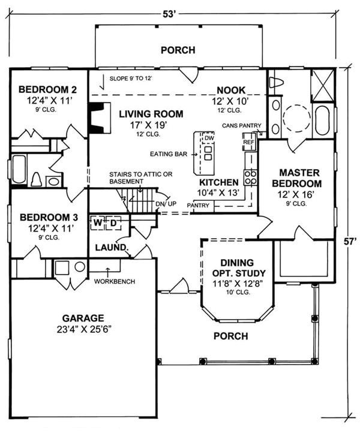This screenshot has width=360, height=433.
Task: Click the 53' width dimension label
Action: coord(169,14)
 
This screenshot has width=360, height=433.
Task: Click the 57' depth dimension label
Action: coord(350,241)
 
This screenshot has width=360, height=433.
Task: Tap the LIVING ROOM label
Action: coord(151,114)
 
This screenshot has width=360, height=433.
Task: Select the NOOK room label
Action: coord(231,90)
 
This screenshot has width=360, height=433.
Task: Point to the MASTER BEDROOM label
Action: coord(299,178)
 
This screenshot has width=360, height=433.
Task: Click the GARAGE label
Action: coord(83,318)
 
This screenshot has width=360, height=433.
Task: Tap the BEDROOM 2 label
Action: coord(47,89)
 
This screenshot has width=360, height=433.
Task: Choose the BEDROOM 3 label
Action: coord(49,217)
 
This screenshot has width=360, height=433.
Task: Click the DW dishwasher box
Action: coord(209,138)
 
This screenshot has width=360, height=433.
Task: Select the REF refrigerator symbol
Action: coord(248,142)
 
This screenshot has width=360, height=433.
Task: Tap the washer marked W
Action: coord(98,222)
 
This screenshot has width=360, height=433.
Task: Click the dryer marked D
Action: coord(113,222)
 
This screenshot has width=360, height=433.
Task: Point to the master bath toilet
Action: coord(276,82)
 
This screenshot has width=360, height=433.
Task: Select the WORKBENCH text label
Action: coord(115,281)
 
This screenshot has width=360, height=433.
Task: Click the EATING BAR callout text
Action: coord(169,154)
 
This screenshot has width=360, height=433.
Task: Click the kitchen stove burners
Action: coord(251,178)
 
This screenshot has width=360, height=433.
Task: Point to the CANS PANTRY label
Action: coord(241,125)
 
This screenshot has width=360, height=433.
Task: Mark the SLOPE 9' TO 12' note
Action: coord(131,79)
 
